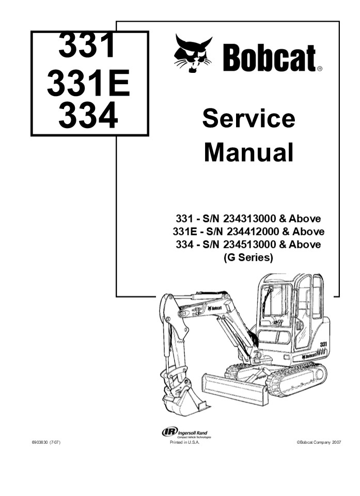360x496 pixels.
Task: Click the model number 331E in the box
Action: (x=89, y=84)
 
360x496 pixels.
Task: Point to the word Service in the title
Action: (x=248, y=118)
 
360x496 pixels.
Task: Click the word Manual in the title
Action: (x=248, y=153)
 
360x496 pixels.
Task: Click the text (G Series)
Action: (x=248, y=257)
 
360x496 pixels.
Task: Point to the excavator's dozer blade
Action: (x=236, y=388)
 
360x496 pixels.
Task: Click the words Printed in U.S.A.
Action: (x=184, y=443)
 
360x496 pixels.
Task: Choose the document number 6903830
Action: (x=41, y=443)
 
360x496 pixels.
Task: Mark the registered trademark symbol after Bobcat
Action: (x=320, y=68)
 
